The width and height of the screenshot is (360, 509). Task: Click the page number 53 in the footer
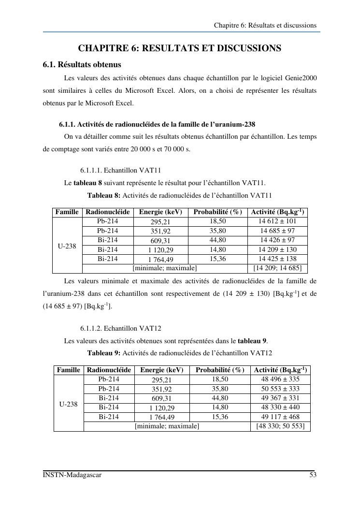313,475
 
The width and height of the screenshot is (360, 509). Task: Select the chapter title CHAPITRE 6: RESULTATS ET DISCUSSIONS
180,48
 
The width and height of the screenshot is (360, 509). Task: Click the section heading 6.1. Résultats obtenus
82,64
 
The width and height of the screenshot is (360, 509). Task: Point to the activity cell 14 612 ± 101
277,221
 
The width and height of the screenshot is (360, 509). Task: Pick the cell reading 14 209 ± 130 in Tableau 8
277,249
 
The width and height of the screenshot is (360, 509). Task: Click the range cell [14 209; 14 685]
277,268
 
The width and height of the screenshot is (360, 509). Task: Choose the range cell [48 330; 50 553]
280,426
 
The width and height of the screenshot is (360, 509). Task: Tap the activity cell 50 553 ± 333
280,389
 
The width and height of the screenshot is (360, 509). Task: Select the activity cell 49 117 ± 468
280,416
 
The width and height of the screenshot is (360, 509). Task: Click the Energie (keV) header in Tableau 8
160,212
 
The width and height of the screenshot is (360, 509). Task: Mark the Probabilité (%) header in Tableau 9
220,370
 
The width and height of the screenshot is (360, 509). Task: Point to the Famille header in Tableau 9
68,370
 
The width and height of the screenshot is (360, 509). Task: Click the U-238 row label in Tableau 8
67,246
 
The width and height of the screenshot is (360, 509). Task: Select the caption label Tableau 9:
103,353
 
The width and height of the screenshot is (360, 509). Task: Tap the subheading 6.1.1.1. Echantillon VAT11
120,171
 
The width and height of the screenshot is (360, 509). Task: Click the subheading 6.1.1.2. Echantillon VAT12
120,329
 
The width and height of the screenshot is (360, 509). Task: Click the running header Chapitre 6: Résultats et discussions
265,25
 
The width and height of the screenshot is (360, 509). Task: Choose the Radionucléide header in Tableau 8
108,212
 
